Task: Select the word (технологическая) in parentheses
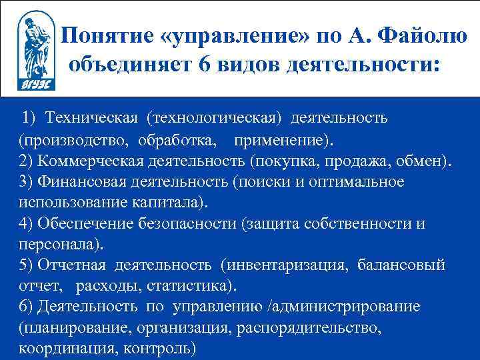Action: pos(219,118)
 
